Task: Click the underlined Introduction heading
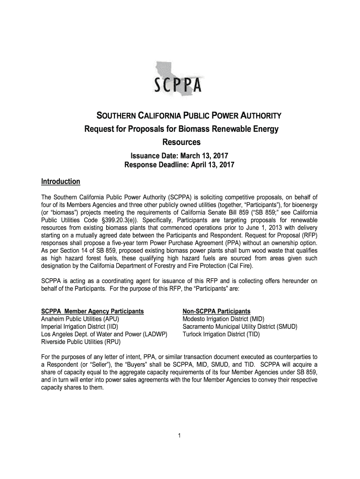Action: (61, 181)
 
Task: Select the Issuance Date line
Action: (179, 156)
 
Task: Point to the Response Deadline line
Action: (179, 165)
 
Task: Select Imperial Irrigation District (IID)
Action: (80, 327)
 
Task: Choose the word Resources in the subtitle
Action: (179, 141)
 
